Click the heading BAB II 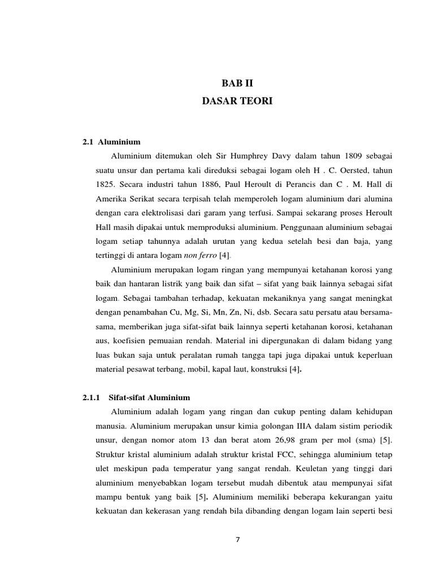coord(237,84)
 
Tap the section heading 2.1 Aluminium coord(111,142)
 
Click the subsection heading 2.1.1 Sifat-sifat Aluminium coord(136,397)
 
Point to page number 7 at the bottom coord(237,539)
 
